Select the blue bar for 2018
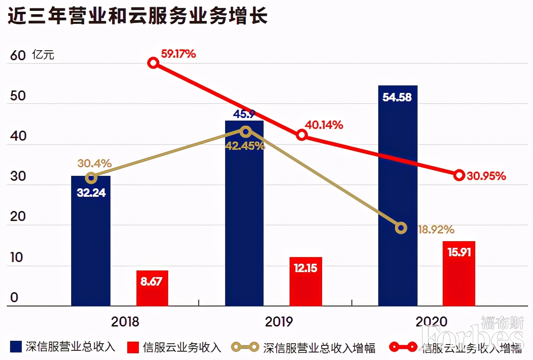click(x=91, y=241)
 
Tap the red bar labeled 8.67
click(x=152, y=288)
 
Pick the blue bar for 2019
click(x=244, y=213)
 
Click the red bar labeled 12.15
click(x=305, y=281)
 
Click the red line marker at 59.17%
click(x=154, y=63)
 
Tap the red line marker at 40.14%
click(x=302, y=135)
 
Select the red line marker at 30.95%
click(x=459, y=175)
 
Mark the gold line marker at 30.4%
click(x=91, y=178)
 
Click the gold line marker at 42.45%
click(x=246, y=131)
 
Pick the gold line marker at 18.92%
click(x=401, y=228)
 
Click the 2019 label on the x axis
click(x=279, y=321)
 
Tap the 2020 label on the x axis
click(x=431, y=321)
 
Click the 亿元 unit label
click(x=43, y=55)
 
